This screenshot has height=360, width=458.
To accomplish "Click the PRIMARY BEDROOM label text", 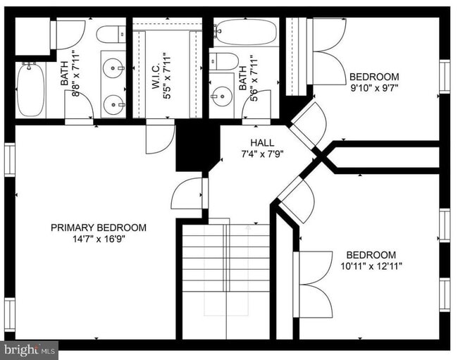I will click(99, 228).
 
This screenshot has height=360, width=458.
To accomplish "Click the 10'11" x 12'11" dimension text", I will click(370, 266).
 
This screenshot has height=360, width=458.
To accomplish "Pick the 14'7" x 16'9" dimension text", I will click(99, 239).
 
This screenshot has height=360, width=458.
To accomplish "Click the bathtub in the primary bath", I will click(30, 89).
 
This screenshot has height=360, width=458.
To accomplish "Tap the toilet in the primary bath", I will click(109, 34).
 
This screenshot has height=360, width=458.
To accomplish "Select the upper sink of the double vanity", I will click(113, 69).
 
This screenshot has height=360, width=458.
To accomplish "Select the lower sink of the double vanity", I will click(113, 105).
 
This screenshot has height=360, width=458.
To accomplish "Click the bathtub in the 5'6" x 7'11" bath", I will click(246, 32).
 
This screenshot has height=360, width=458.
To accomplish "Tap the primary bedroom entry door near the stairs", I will click(189, 193).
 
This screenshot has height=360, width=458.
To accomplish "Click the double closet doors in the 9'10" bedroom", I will click(327, 51).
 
